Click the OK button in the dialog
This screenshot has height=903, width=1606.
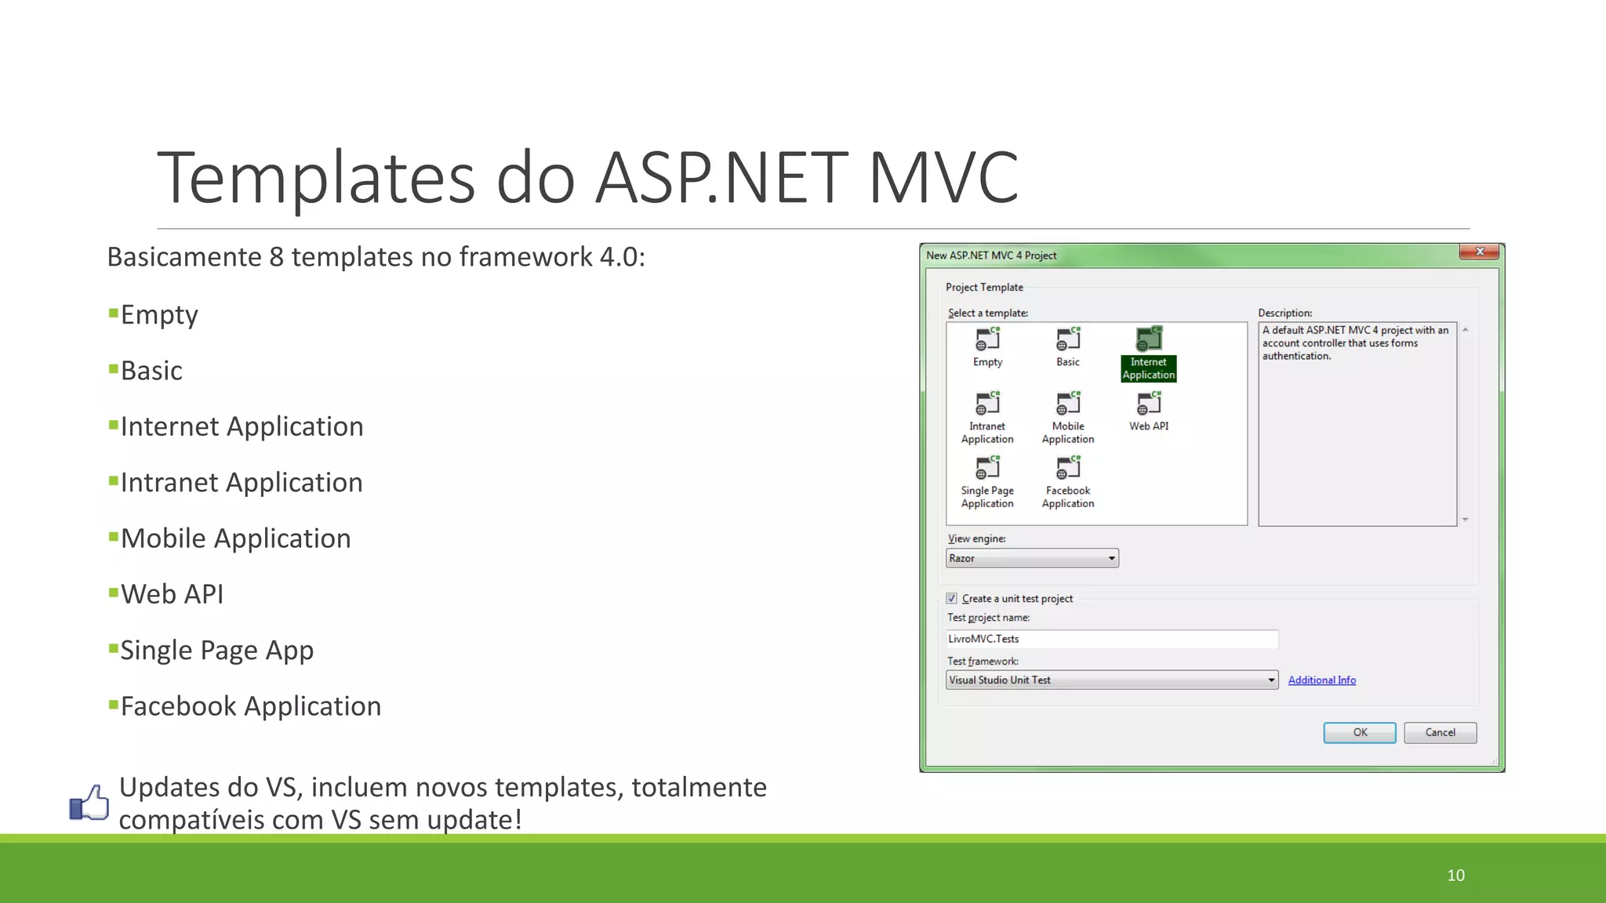coord(1359,732)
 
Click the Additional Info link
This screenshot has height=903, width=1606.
coord(1321,680)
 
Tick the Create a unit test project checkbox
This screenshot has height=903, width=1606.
coord(951,598)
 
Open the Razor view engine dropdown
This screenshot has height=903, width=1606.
coord(1032,558)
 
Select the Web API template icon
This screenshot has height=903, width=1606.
coord(1149,404)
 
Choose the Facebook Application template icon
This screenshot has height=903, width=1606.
coord(1067,468)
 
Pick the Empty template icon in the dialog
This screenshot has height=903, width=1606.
coord(987,339)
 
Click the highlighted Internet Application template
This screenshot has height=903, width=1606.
coord(1149,353)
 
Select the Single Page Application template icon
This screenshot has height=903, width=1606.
coord(987,468)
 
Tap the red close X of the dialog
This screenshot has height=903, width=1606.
coord(1479,252)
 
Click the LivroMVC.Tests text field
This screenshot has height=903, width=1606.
coord(1111,639)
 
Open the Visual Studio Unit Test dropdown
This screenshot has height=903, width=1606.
coord(1111,680)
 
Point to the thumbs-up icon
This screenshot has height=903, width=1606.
coord(89,803)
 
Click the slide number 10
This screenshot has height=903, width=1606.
coord(1455,875)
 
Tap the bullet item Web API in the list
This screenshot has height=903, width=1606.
coord(172,594)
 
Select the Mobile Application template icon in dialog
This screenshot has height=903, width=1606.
coord(1067,404)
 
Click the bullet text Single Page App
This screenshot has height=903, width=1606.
coord(216,650)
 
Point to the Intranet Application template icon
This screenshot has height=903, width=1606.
coord(987,404)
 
